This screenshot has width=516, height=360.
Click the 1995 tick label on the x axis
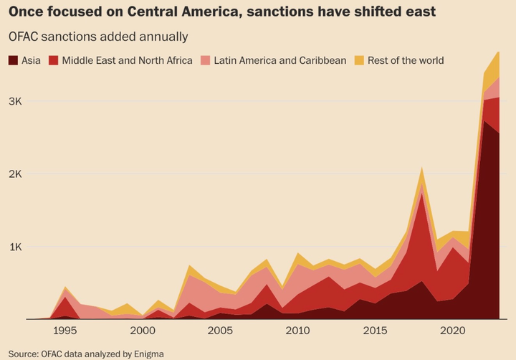point(65,331)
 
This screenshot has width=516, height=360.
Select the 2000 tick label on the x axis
point(143,331)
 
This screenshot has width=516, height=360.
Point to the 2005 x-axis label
point(220,331)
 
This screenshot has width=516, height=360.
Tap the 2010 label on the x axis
point(297,331)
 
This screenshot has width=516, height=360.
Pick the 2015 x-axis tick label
point(375,331)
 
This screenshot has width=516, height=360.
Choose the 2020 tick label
point(452,331)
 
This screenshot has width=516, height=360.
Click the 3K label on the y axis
point(15,101)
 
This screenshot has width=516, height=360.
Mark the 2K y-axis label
point(15,174)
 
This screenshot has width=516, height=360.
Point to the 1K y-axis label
point(15,247)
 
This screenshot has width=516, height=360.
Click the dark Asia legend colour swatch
point(14,60)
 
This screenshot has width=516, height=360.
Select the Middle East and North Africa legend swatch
point(54,60)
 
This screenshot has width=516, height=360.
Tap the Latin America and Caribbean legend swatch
point(205,60)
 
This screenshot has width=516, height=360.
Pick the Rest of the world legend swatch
point(360,60)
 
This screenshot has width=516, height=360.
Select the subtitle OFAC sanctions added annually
point(98,36)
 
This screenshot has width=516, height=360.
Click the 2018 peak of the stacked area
point(422,169)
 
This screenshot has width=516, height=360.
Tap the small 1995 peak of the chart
point(65,288)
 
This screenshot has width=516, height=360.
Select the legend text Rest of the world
point(406,60)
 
